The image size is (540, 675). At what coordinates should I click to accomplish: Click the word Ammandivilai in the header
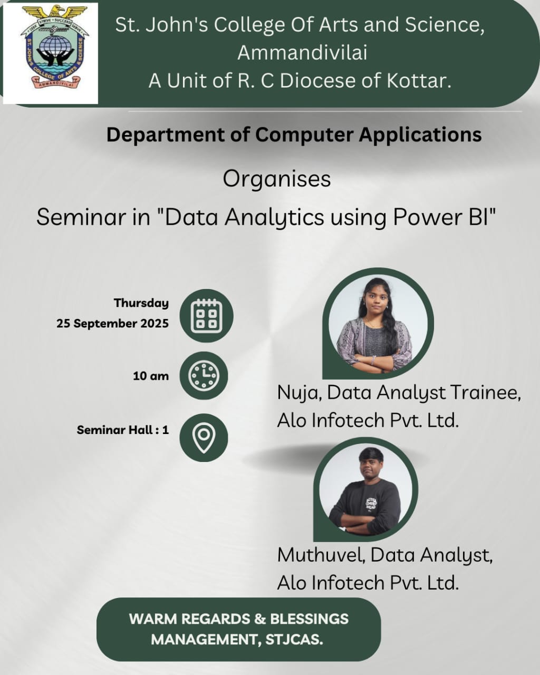click(302, 52)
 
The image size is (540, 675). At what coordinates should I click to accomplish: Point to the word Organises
click(277, 180)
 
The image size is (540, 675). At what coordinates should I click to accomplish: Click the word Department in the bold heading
click(166, 135)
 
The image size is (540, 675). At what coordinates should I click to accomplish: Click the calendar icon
click(207, 316)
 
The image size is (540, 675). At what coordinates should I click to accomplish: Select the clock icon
click(204, 375)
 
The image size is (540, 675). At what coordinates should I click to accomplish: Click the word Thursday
click(141, 304)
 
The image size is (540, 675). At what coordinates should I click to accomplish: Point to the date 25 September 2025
click(113, 323)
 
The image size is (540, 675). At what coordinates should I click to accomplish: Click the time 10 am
click(151, 376)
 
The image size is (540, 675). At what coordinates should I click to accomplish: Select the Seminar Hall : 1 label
click(123, 430)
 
